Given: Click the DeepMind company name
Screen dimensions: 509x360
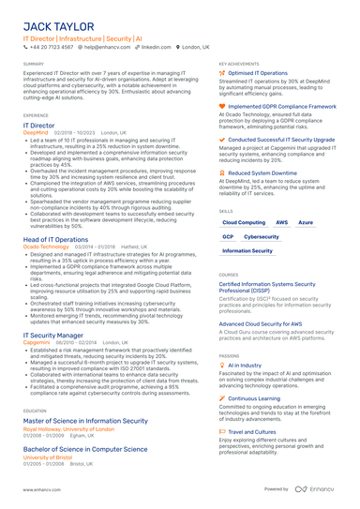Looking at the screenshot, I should pyautogui.click(x=36, y=132).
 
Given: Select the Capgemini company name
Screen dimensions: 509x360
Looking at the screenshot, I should pyautogui.click(x=37, y=342).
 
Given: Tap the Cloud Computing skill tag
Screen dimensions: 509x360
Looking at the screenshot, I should pyautogui.click(x=243, y=223).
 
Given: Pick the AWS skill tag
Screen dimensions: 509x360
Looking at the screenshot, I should pyautogui.click(x=282, y=223).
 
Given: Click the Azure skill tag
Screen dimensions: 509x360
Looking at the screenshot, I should pyautogui.click(x=306, y=223).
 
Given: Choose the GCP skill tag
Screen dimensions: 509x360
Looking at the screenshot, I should pyautogui.click(x=228, y=237).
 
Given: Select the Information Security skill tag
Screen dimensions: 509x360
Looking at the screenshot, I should pyautogui.click(x=247, y=251).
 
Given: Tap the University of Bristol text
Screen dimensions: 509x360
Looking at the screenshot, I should pyautogui.click(x=49, y=457).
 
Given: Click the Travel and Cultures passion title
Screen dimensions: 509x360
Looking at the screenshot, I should pyautogui.click(x=256, y=432).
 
